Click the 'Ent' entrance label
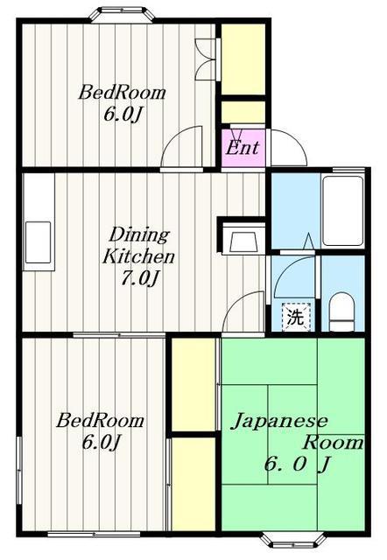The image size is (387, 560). pos(243,148)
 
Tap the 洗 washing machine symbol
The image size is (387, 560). pos(296,317)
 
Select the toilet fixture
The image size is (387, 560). pos(341,311)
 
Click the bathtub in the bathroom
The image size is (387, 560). pos(343,211)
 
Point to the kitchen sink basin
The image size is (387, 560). pos(38,242)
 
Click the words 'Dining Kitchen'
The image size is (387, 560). pos(139,246)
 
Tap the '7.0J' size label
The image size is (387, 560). pos(140,279)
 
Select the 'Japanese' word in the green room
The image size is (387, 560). pos(279,421)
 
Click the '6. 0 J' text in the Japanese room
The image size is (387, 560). pos(296,465)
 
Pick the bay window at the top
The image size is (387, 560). pos(122,15)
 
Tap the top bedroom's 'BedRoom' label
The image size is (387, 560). pos(123,93)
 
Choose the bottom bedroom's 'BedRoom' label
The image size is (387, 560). pos(101,421)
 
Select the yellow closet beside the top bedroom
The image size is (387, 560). pos(243,59)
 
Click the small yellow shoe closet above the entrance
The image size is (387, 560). pos(243,112)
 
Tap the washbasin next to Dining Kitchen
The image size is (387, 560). pos(243,239)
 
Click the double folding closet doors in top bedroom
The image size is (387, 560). pos(206,59)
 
